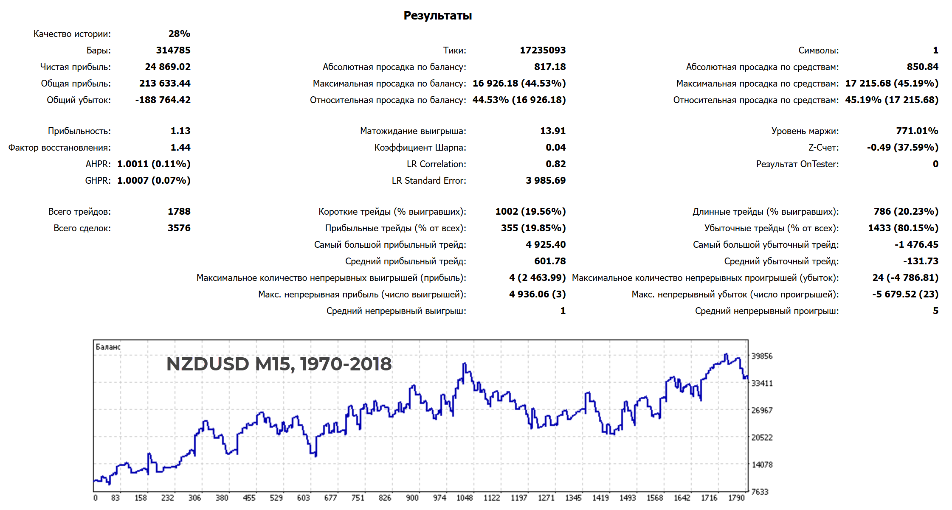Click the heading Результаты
tap(437, 16)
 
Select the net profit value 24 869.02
tap(168, 67)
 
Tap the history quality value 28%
tap(179, 34)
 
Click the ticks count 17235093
tap(543, 50)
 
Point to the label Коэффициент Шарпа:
tap(420, 148)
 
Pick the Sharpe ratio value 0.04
tap(555, 148)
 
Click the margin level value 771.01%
tap(917, 131)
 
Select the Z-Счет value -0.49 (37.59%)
tap(902, 148)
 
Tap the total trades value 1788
tap(179, 212)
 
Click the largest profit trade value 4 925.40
tap(545, 245)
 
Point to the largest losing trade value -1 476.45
tap(916, 245)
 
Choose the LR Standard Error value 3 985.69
tap(545, 181)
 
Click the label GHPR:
tap(98, 181)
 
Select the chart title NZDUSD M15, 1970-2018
tap(279, 364)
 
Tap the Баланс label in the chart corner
tap(108, 347)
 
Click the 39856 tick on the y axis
tap(762, 356)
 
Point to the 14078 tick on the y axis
tap(762, 465)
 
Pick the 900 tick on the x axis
tap(412, 498)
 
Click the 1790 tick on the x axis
tap(736, 498)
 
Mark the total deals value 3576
tap(179, 228)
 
